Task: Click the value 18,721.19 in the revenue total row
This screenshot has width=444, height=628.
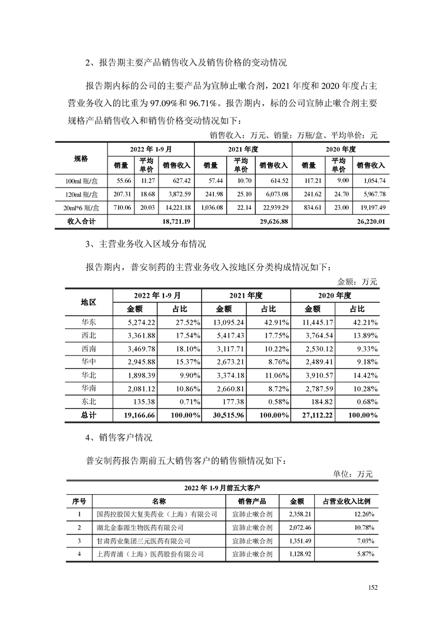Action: (x=176, y=222)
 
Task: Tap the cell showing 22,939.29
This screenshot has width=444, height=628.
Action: (x=273, y=208)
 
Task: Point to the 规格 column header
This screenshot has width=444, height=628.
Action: (x=81, y=158)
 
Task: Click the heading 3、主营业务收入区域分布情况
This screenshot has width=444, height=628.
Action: (x=146, y=245)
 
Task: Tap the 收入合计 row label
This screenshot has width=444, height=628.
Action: (x=81, y=222)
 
